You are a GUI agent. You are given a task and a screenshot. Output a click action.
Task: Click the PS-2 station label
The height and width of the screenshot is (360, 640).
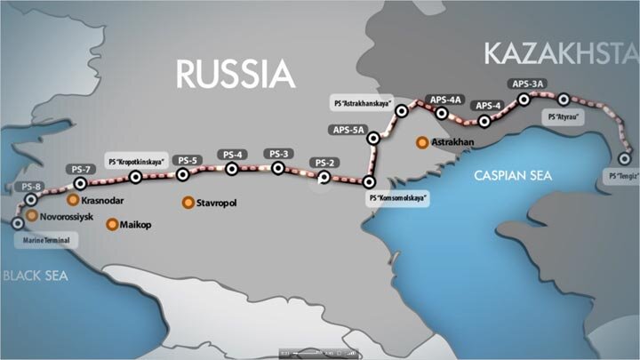[324, 163]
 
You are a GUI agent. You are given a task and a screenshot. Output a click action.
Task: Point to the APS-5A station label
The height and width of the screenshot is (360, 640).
[349, 130]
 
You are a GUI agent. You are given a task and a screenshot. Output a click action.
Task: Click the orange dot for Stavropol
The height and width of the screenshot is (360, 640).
[188, 203]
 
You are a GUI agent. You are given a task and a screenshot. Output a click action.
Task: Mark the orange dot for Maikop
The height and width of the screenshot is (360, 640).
[112, 224]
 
